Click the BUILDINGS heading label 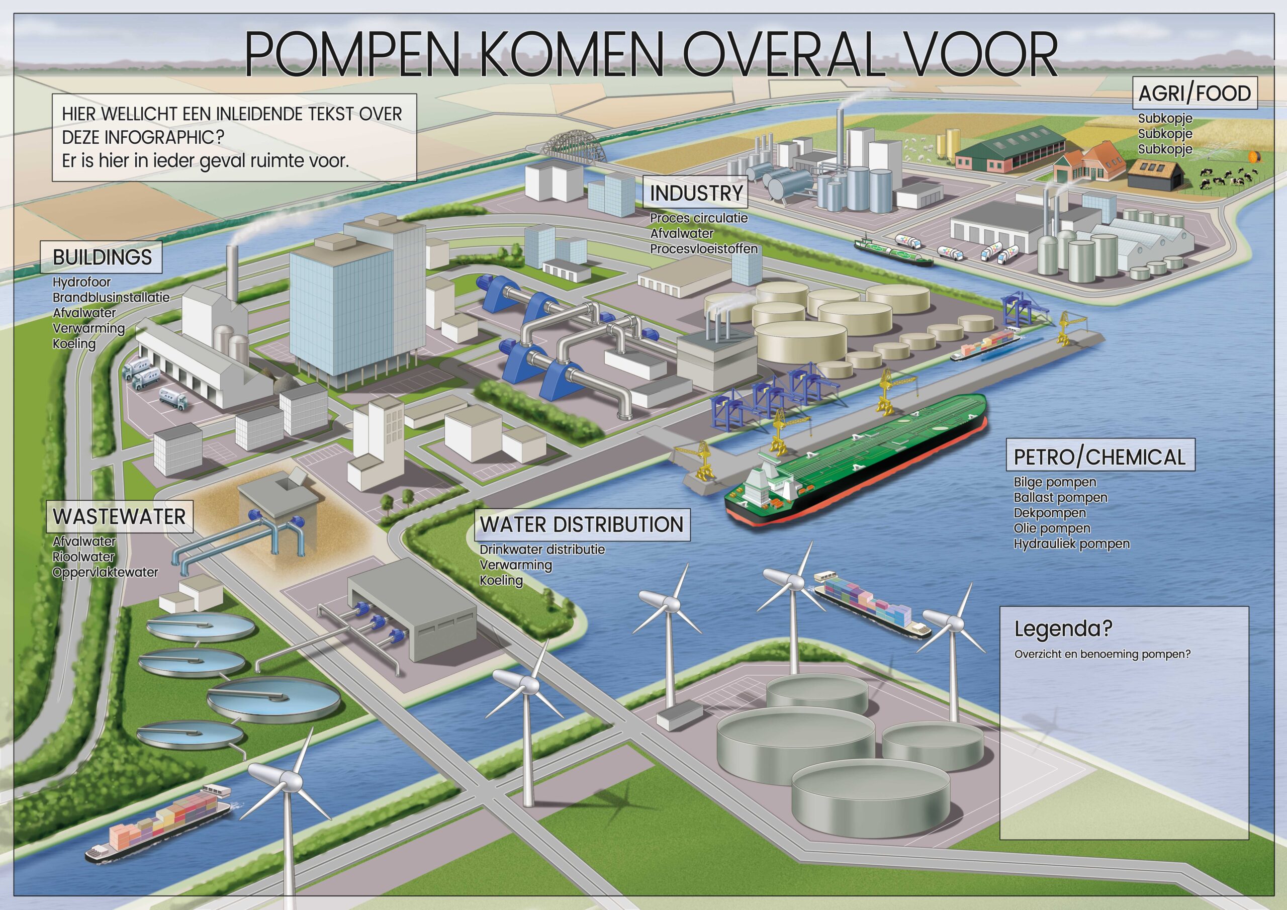pos(102,257)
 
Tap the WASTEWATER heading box pos(119,516)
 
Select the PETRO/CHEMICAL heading pos(1100,457)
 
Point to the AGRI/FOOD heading pos(1195,93)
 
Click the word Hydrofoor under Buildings pos(81,282)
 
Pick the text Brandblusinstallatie pos(111,297)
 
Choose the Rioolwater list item pos(83,557)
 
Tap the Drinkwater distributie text pos(542,550)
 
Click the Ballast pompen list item pos(1060,497)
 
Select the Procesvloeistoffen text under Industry pos(703,248)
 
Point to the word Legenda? pos(1063,629)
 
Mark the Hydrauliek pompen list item pos(1071,543)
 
